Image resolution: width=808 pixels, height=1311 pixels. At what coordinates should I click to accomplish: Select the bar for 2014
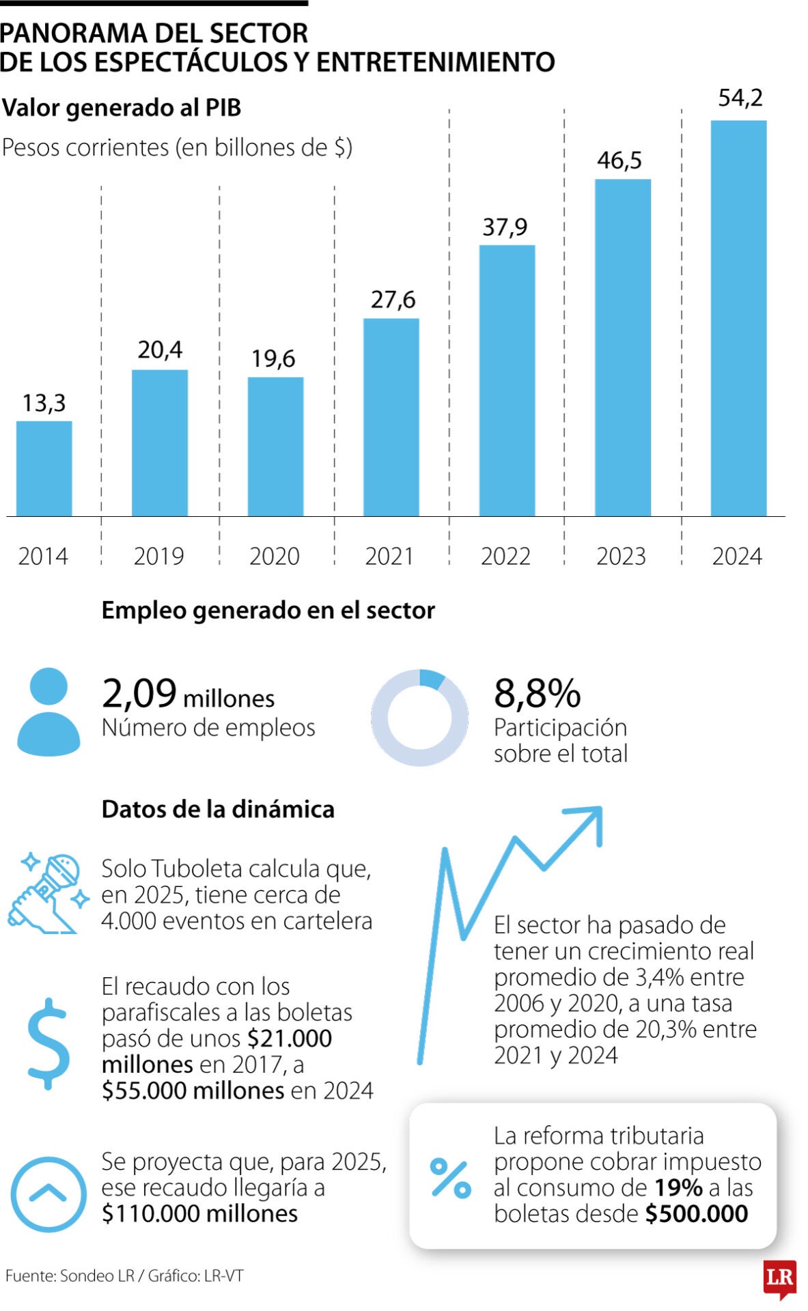coord(44,468)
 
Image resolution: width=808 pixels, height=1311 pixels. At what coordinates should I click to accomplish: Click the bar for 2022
coord(507,380)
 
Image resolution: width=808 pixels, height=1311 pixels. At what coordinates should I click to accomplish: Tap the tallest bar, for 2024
coord(738,318)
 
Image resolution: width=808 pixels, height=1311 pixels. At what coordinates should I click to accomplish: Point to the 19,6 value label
coord(273,358)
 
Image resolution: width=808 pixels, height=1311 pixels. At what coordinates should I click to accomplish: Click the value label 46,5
coord(619,160)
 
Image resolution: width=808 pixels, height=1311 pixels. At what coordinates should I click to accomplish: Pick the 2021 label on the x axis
coord(389,556)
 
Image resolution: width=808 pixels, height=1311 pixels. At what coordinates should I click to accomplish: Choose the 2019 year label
coord(158,556)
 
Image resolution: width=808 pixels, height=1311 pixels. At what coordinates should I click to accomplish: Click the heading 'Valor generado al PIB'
coord(122,108)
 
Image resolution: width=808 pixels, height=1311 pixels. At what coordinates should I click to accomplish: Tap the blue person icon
coord(48,711)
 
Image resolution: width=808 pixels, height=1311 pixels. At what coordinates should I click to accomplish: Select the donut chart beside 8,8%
coord(419,718)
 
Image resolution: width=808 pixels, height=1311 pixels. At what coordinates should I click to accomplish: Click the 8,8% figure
coord(537,694)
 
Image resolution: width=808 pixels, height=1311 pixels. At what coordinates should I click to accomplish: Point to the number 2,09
coord(139,694)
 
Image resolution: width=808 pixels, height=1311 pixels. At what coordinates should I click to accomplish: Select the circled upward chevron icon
coord(48,1194)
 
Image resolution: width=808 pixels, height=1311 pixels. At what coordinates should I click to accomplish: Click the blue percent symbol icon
coord(451,1179)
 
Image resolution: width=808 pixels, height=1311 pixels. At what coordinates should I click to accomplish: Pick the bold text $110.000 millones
coord(199,1213)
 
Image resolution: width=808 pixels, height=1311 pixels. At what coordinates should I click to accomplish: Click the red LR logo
coord(779,1278)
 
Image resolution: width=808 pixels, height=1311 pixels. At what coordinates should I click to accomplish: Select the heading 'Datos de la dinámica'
coord(218,809)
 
